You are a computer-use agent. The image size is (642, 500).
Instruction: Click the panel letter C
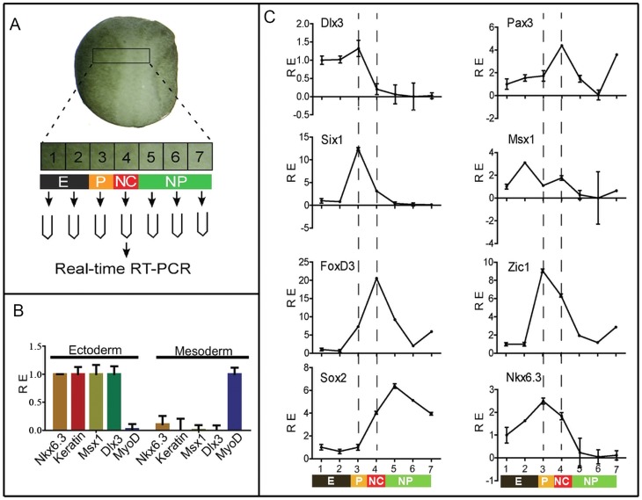click(x=271, y=16)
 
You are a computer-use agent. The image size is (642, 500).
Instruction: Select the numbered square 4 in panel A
click(x=127, y=157)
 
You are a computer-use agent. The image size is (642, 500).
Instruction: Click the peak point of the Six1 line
click(x=358, y=149)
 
